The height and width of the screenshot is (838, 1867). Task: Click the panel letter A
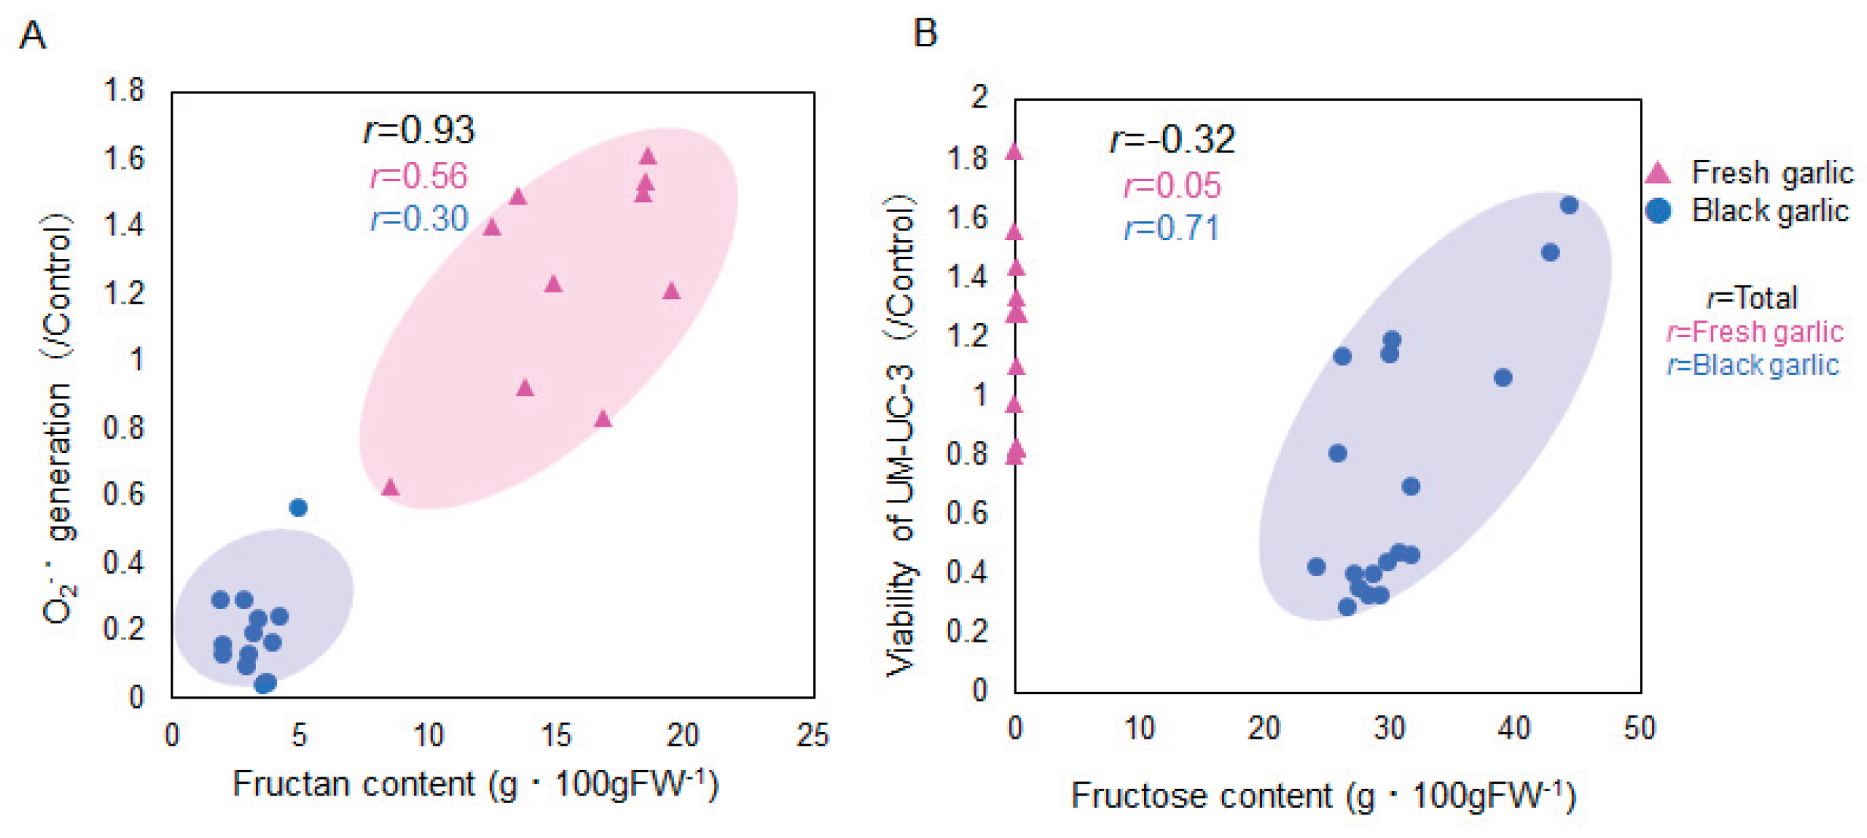click(33, 36)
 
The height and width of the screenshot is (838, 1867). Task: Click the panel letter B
click(924, 33)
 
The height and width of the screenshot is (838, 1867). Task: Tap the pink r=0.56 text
click(419, 177)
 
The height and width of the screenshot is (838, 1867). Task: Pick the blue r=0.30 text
click(419, 220)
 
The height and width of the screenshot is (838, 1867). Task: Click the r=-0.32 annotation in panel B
click(1171, 139)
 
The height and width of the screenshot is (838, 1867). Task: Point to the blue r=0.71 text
click(1171, 229)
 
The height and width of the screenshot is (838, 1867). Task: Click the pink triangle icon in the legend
click(1657, 174)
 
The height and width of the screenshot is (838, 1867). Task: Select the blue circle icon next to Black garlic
click(1658, 211)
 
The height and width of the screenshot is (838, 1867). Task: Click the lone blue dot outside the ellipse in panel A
click(298, 508)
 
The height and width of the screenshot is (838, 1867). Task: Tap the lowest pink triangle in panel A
click(390, 487)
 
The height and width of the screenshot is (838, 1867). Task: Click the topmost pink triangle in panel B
click(1014, 152)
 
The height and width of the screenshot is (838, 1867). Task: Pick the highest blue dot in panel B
click(1569, 205)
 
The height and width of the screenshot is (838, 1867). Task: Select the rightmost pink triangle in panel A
click(672, 292)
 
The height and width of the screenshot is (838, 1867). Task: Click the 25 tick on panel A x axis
click(812, 735)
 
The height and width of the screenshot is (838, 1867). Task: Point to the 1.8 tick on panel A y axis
click(123, 91)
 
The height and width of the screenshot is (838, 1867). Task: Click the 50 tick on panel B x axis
click(1639, 728)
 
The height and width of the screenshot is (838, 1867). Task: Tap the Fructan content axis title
click(475, 784)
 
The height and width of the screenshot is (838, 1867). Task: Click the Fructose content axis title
click(1323, 796)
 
